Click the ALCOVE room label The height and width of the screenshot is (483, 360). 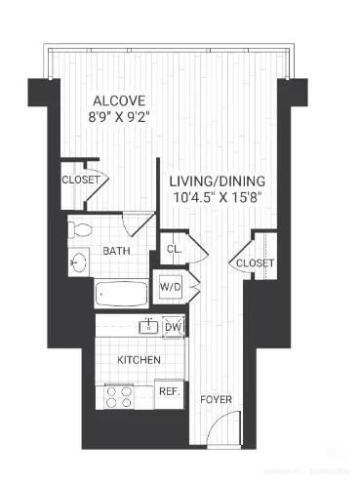tap(120, 101)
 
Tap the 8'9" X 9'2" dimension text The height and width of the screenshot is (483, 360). tap(120, 118)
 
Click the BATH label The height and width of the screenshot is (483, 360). tap(117, 252)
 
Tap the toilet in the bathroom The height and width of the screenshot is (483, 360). tap(82, 231)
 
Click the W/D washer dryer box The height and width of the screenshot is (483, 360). tap(171, 288)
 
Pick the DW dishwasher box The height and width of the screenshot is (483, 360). tap(173, 327)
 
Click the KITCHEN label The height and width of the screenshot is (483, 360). tap(139, 360)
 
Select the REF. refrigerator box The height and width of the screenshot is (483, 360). tap(169, 391)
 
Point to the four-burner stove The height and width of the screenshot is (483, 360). tap(119, 395)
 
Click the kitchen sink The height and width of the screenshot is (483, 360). tap(148, 326)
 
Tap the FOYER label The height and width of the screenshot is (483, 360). tap(216, 400)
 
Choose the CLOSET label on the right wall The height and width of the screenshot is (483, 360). tap(254, 262)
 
